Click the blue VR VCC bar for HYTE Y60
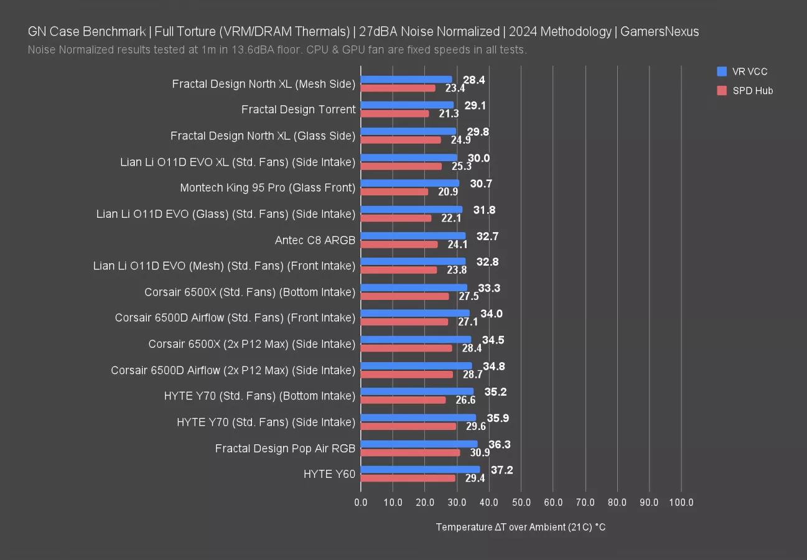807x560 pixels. (420, 470)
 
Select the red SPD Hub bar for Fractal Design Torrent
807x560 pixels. (394, 114)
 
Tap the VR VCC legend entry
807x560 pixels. (742, 72)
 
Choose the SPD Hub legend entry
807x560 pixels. (744, 91)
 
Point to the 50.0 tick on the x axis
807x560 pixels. (521, 502)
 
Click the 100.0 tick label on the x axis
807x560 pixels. (681, 502)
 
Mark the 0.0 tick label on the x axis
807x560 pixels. (361, 502)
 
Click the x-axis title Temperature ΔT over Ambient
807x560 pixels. (521, 527)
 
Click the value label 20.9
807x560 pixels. (448, 192)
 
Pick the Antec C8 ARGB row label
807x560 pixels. (315, 240)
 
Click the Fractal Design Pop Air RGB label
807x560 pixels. (285, 448)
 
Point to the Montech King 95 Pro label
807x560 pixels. (268, 187)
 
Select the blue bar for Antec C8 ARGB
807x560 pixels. (413, 236)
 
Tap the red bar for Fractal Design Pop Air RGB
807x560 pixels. (410, 452)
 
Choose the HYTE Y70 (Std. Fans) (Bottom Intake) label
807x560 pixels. (259, 396)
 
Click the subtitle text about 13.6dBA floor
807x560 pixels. (278, 50)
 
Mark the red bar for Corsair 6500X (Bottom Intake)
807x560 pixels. (404, 296)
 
